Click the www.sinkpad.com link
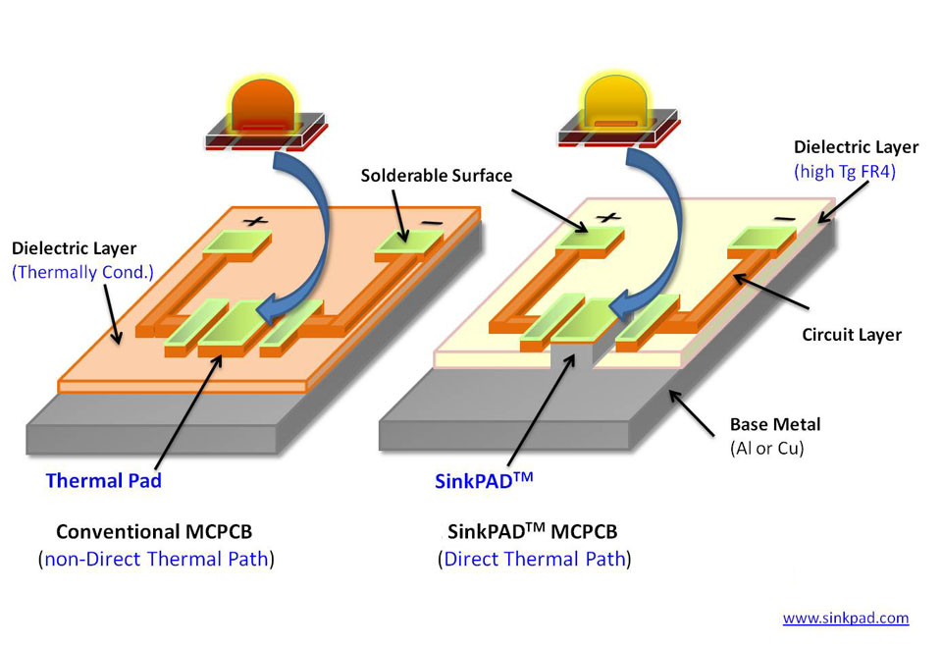[845, 619]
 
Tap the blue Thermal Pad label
[103, 481]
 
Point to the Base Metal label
[774, 425]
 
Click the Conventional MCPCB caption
[156, 532]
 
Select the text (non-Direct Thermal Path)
[156, 560]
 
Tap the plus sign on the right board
[607, 216]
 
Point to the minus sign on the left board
[430, 222]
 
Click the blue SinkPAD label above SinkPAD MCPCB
[484, 481]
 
